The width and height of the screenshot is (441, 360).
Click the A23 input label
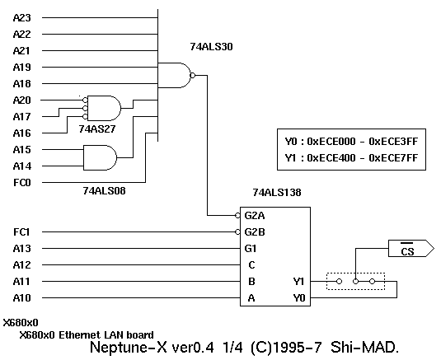(x=22, y=18)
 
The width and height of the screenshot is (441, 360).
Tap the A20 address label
(x=22, y=101)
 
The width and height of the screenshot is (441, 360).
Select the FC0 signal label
(x=22, y=183)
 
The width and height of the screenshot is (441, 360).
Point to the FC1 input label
(x=21, y=232)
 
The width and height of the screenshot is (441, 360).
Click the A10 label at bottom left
(x=22, y=298)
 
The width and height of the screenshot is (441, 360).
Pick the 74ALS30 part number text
(x=212, y=47)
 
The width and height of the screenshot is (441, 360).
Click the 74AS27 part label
(x=97, y=129)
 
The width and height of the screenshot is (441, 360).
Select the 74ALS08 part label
(x=104, y=191)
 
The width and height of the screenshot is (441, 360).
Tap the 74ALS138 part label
(x=277, y=193)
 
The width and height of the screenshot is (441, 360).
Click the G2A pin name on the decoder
(x=255, y=216)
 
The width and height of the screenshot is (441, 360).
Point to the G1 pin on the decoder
(x=251, y=249)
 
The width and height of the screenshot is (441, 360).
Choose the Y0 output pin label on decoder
(x=299, y=298)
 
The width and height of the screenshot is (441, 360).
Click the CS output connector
(x=411, y=249)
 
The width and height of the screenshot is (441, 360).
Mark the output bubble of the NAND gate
(x=193, y=75)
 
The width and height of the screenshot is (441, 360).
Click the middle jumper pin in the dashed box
(x=355, y=281)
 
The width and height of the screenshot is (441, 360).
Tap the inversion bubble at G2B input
(x=237, y=232)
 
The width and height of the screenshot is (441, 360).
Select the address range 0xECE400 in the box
(x=331, y=158)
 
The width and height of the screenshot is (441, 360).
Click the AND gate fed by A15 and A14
(x=100, y=157)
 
